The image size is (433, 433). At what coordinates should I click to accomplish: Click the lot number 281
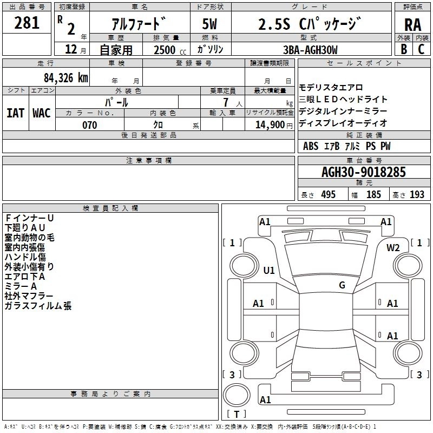click(27, 23)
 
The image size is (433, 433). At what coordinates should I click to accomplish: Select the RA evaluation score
click(412, 25)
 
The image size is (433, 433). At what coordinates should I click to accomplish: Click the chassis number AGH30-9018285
click(363, 172)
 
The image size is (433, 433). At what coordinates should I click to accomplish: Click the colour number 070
click(89, 125)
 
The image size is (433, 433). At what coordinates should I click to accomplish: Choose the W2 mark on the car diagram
click(393, 248)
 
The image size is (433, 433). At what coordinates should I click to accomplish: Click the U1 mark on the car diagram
click(269, 270)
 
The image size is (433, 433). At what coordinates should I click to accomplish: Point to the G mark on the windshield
click(342, 285)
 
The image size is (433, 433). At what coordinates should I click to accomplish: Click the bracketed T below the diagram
click(236, 415)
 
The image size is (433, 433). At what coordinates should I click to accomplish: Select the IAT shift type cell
click(15, 113)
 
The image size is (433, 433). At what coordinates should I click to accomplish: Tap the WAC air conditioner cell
click(42, 113)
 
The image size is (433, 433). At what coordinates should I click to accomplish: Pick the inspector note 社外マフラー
click(29, 296)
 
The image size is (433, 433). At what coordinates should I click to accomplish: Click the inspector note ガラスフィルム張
click(38, 306)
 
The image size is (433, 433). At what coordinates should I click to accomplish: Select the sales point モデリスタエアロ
click(331, 88)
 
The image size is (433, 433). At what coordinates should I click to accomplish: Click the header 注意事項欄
click(148, 161)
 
